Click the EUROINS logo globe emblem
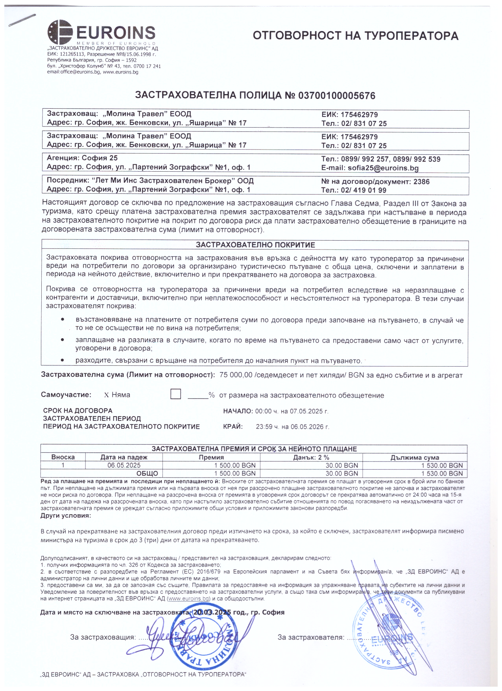pos(59,32)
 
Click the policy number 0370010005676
pos(337,96)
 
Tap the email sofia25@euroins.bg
pos(383,168)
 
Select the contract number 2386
pos(421,182)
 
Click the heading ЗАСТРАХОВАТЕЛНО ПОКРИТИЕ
pos(255,245)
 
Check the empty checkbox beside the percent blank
pos(175,394)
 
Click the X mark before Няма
pos(106,395)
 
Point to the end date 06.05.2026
pos(306,427)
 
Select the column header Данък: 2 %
pos(311,458)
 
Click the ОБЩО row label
pos(147,473)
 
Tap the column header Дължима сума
pos(415,458)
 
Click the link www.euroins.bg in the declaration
pos(188,599)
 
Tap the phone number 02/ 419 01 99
pos(364,191)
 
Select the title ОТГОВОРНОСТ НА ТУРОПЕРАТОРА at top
pos(355,36)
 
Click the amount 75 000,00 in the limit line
pos(236,375)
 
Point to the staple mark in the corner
pos(22,20)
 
